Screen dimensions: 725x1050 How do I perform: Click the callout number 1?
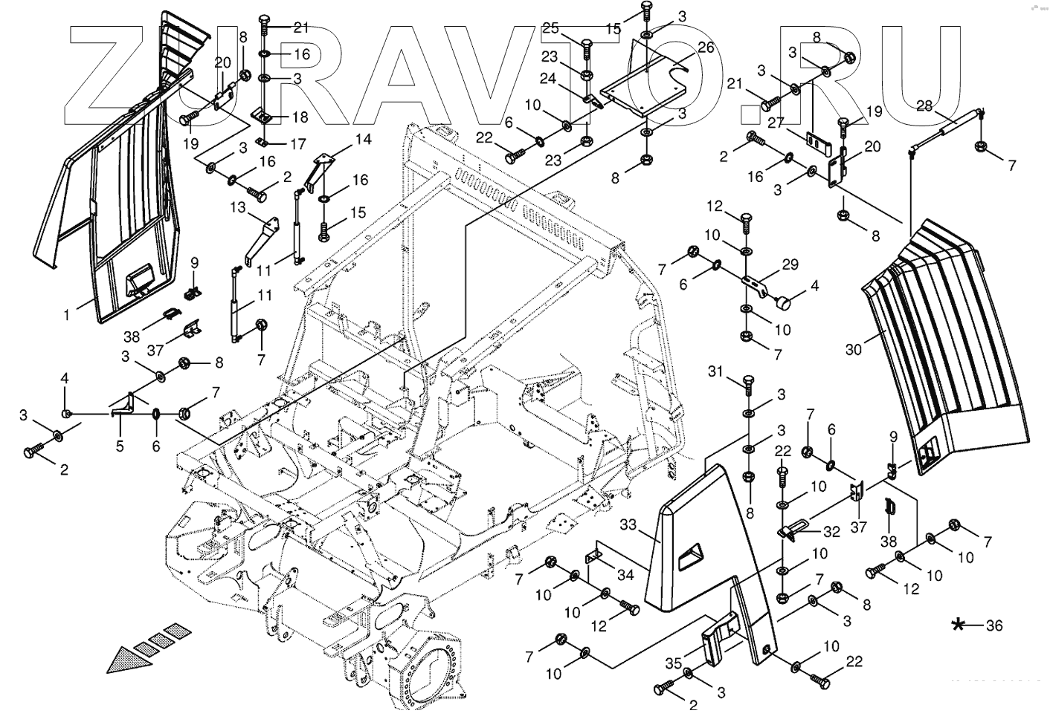66,315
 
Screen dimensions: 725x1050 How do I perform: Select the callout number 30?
854,348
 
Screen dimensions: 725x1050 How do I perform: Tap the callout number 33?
629,525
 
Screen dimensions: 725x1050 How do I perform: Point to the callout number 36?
994,625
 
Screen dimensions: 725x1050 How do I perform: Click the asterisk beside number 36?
960,625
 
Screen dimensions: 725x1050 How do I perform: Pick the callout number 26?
706,47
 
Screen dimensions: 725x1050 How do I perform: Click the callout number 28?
924,105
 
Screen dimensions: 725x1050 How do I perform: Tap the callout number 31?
715,371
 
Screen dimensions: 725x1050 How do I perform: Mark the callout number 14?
362,139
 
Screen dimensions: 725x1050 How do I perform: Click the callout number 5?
120,446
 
